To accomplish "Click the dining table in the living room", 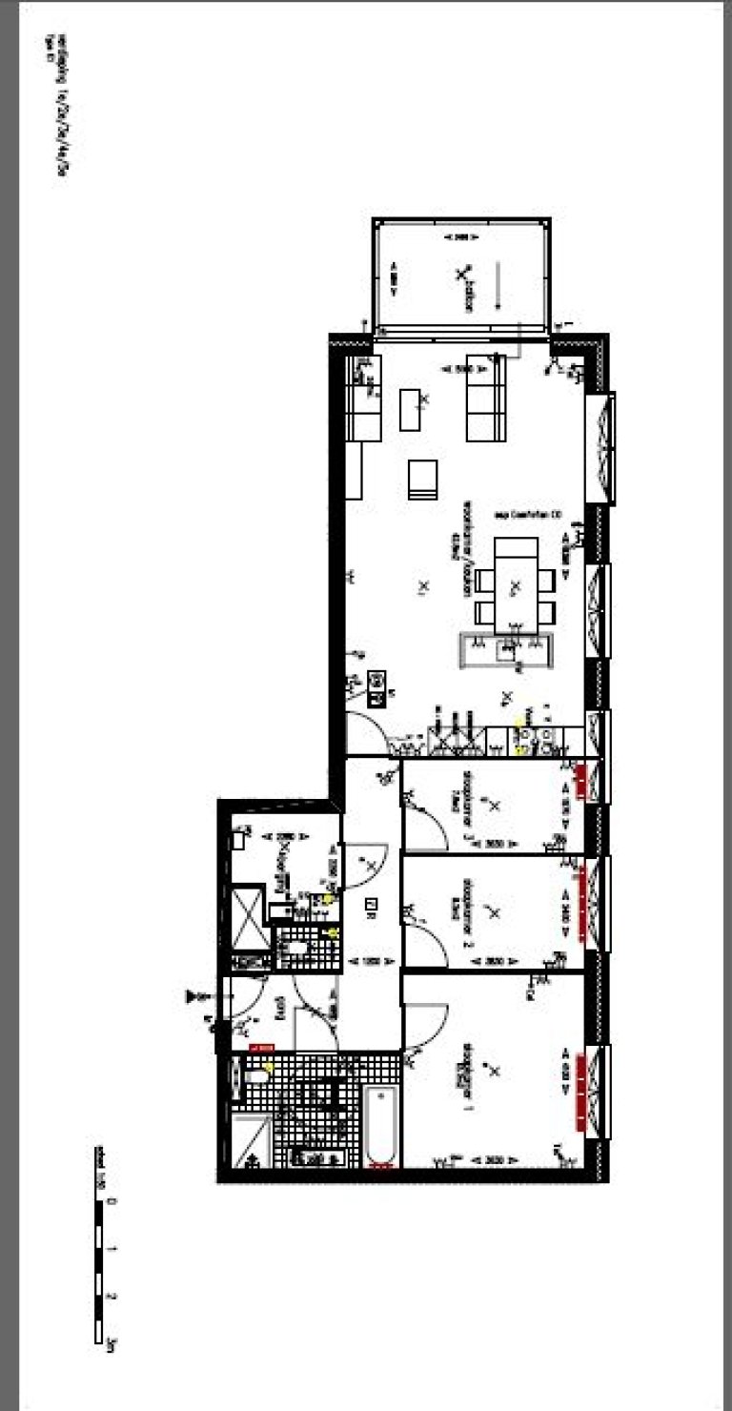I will (x=515, y=583).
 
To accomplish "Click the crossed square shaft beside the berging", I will (x=248, y=914).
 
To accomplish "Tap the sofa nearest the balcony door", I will (x=485, y=404).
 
